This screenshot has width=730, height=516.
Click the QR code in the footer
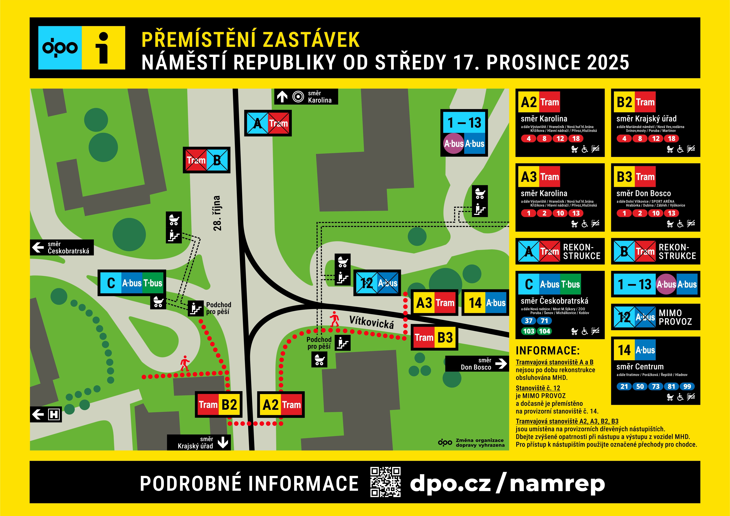click(x=385, y=482)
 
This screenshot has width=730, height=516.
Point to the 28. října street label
click(x=217, y=213)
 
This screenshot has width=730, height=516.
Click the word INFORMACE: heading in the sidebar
click(x=548, y=351)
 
